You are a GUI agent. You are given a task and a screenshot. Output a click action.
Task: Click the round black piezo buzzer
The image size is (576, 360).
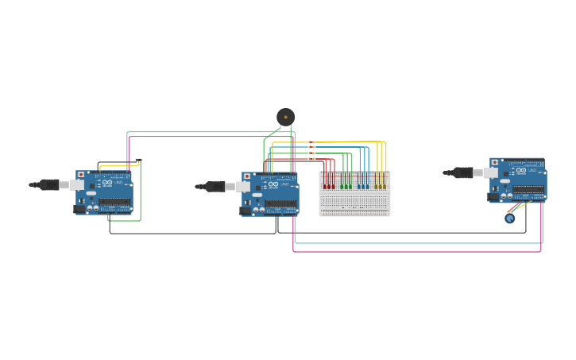(x=285, y=117)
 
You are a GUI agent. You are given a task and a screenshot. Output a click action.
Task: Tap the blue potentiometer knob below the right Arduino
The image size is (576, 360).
(x=510, y=218)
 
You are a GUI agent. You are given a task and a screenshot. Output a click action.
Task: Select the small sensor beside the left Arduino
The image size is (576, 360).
(x=138, y=161)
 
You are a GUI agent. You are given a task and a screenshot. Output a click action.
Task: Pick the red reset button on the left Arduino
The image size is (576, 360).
(x=81, y=175)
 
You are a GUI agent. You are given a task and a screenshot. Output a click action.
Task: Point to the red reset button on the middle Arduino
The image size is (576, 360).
(x=247, y=176)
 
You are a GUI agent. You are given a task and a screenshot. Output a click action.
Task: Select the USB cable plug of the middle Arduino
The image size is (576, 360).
(x=215, y=187)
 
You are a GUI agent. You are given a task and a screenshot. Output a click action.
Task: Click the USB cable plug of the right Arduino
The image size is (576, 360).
(x=463, y=172)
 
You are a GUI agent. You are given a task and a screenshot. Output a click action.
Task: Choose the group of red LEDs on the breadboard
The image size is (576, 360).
(x=328, y=186)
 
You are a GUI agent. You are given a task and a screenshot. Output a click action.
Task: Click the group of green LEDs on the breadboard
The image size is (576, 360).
(x=346, y=186)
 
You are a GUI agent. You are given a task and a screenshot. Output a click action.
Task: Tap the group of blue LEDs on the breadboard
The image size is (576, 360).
(x=363, y=186)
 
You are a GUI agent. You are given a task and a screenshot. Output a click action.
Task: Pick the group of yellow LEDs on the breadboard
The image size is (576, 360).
(x=381, y=186)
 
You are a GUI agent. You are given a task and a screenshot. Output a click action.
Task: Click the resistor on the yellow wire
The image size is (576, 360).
(x=311, y=142)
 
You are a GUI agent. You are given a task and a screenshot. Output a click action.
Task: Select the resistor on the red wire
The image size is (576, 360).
(x=311, y=159)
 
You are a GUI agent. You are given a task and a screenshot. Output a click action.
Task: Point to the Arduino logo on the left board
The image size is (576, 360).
(x=107, y=183)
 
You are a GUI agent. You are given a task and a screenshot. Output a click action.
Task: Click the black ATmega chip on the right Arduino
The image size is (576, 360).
(x=528, y=189)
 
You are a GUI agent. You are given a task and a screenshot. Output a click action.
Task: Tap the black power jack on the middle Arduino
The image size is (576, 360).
(x=245, y=211)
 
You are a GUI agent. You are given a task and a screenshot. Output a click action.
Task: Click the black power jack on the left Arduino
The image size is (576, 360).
(x=79, y=209)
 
